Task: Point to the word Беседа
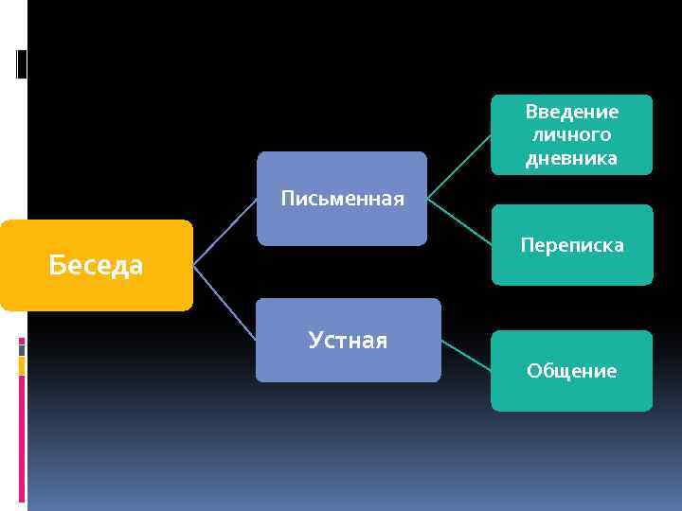96,266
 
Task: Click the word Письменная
342,199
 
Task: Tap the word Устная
348,340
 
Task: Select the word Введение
572,113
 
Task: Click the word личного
572,135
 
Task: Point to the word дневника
572,158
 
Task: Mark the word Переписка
572,245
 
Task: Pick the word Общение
572,371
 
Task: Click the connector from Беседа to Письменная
224,233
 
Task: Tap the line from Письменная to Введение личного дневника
459,167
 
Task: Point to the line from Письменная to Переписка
459,221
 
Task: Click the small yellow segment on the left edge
22,366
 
